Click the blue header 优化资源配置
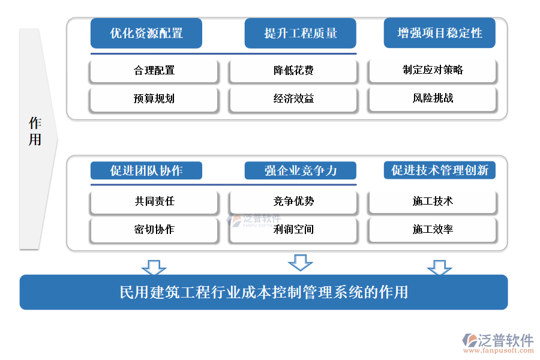point(146,34)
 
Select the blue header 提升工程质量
point(300,34)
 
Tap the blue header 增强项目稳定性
point(439,33)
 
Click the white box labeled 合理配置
point(154,71)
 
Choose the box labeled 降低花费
point(293,71)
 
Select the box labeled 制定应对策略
point(433,70)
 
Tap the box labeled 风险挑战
point(433,98)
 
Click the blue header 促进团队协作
point(146,170)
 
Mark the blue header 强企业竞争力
point(300,170)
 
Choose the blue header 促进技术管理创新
point(439,170)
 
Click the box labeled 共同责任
point(154,202)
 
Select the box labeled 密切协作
point(154,230)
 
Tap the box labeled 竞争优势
point(293,202)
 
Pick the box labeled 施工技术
point(433,202)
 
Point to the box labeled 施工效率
point(433,230)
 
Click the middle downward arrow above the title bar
point(300,262)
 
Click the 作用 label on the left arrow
point(35,132)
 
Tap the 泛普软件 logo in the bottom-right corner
point(497,343)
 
